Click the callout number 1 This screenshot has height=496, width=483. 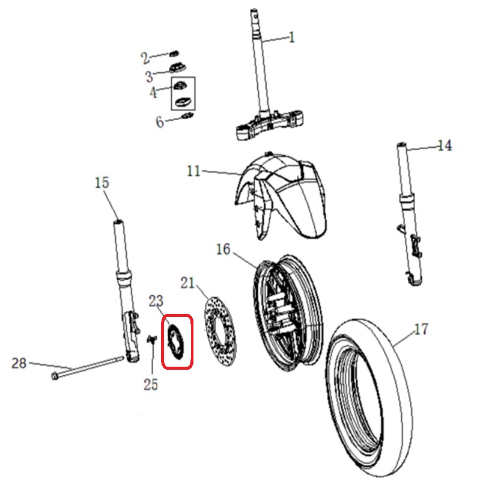[292, 38]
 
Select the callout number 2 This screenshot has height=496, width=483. [145, 58]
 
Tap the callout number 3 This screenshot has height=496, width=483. [149, 76]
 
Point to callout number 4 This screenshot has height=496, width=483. [153, 93]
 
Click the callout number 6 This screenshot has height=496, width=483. [160, 122]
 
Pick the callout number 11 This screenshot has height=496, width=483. [193, 171]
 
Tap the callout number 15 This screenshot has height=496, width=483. [102, 182]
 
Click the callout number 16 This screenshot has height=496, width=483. [223, 248]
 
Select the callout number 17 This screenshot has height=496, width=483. [421, 329]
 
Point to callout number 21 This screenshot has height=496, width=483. [189, 283]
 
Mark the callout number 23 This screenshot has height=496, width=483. [156, 301]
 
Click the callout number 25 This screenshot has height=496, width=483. [151, 384]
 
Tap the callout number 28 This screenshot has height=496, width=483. [19, 363]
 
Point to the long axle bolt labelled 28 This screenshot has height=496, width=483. [90, 369]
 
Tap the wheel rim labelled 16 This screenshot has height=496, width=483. [288, 313]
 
